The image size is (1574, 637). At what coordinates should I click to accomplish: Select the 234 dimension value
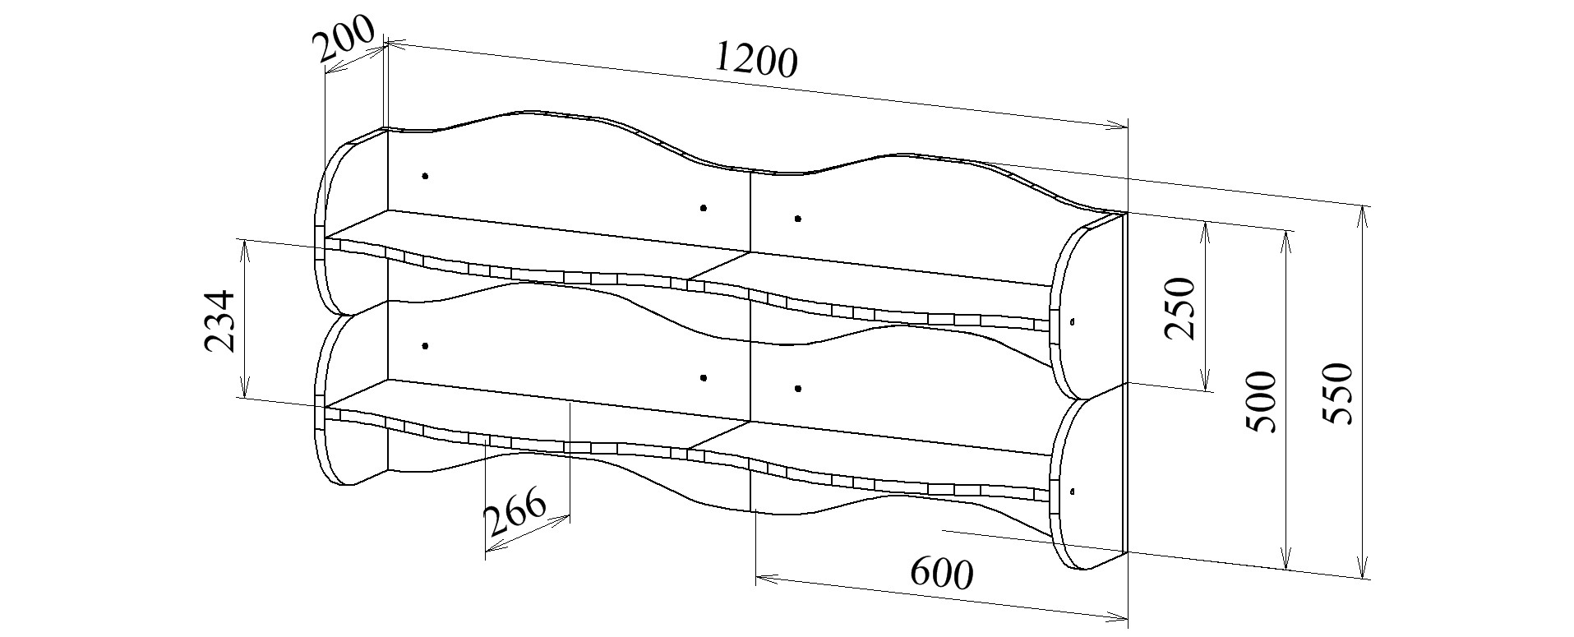coord(219,321)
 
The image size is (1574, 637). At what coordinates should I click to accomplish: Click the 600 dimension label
coord(941,573)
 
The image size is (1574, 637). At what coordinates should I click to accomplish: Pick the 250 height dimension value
coord(1179,308)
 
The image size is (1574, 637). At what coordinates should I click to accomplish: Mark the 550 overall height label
coord(1336,393)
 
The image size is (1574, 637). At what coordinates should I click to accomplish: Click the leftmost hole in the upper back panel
coord(425,176)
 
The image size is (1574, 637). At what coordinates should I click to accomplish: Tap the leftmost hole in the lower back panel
coord(425,346)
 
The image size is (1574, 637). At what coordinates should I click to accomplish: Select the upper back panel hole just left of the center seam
coord(704,208)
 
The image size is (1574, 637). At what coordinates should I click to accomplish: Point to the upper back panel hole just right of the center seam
coord(798,219)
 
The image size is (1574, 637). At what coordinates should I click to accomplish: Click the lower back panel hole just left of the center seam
coord(704,378)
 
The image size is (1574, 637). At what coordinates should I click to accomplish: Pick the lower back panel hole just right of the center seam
coord(798,388)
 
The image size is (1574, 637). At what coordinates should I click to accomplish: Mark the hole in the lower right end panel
coord(1074,492)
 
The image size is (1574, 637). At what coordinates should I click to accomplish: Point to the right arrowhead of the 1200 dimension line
coord(1117,126)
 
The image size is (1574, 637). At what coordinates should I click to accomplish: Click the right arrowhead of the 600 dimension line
coord(1117,618)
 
